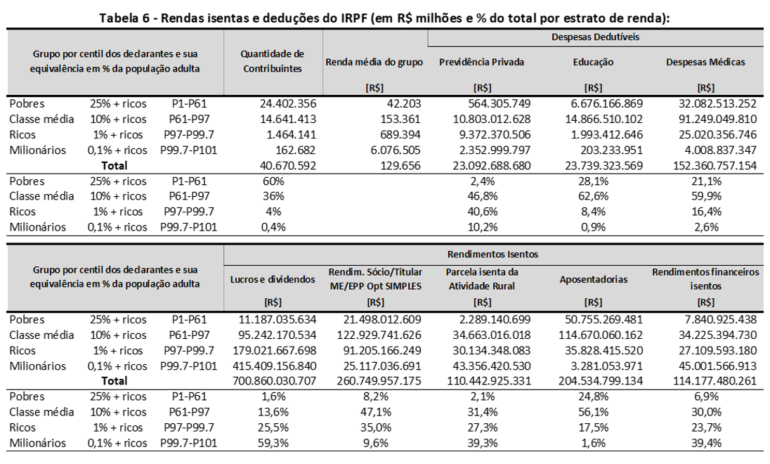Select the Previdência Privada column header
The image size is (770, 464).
point(481,62)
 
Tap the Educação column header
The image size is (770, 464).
point(593,62)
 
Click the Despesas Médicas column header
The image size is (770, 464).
point(705,62)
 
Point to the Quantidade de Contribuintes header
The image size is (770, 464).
point(272,61)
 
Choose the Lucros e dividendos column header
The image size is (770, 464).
point(272,279)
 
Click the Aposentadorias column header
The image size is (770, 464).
point(593,279)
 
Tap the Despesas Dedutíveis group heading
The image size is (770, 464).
point(595,37)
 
